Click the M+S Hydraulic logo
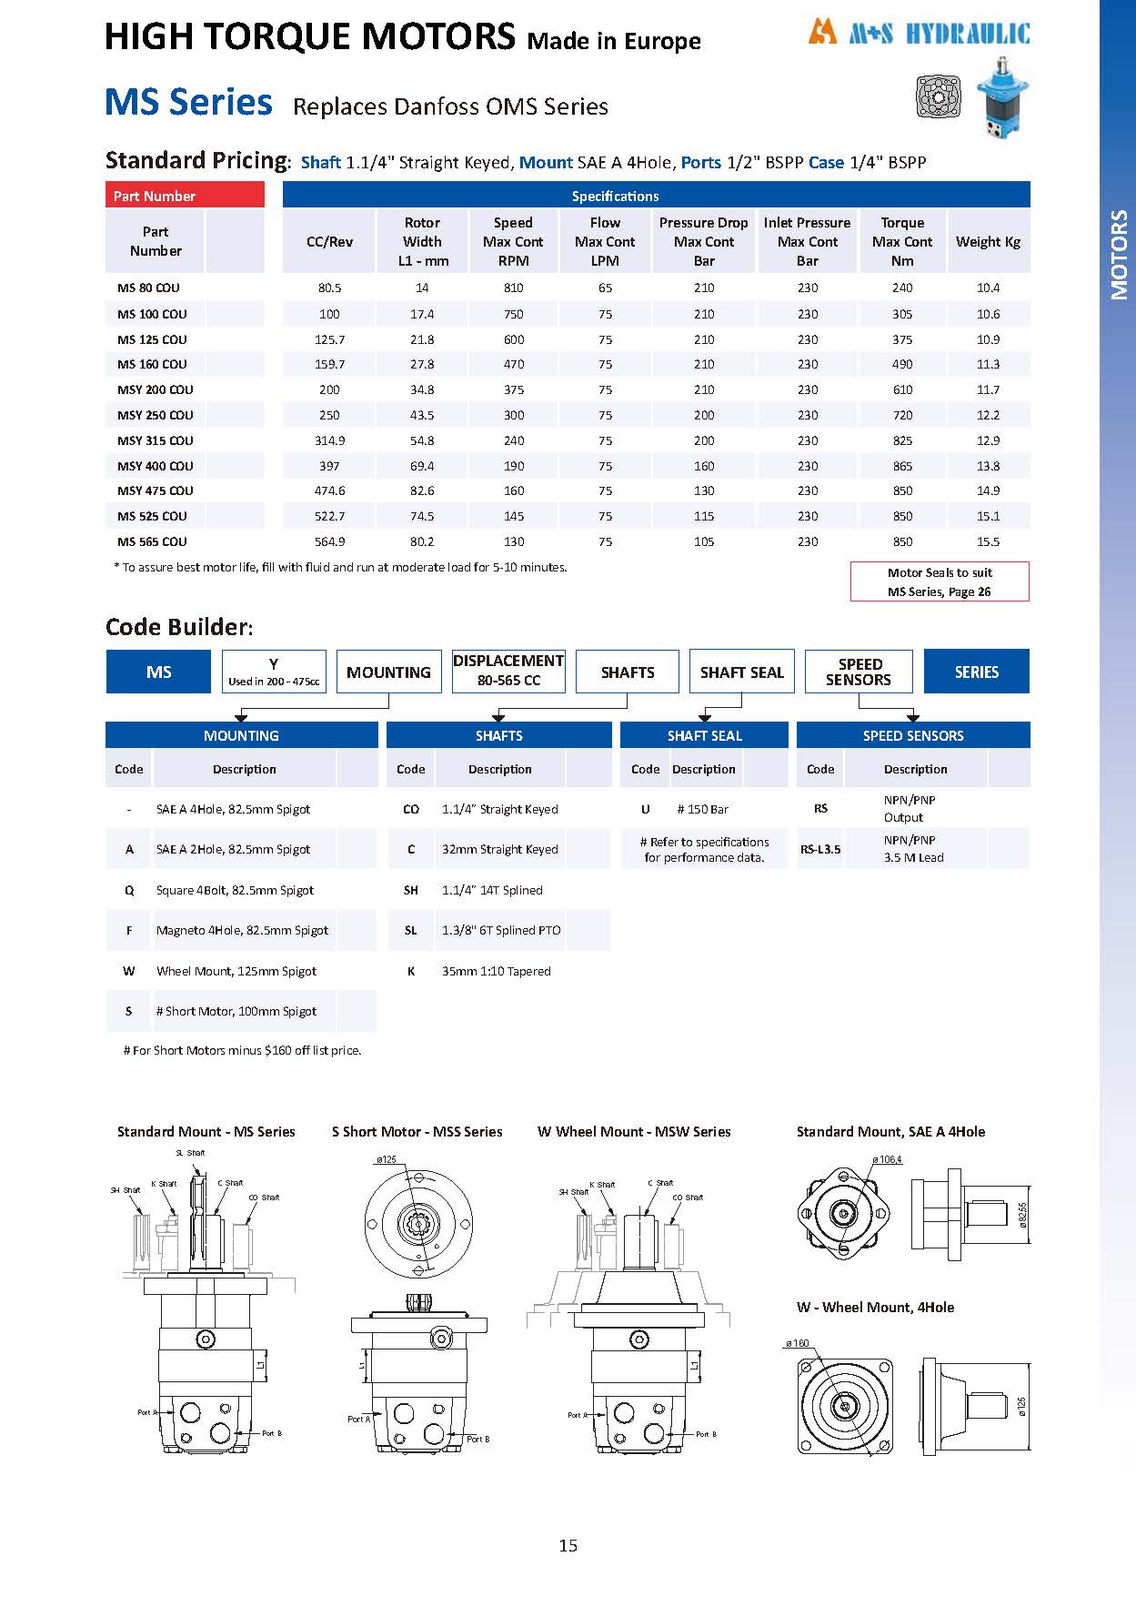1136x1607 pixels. (x=919, y=34)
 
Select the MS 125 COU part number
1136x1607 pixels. (x=152, y=339)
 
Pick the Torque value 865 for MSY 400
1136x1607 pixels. (x=902, y=466)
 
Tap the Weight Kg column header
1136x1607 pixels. (x=988, y=241)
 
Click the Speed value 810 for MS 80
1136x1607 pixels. (x=514, y=288)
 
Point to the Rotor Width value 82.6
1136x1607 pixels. (x=422, y=490)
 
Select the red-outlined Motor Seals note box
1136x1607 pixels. (x=940, y=581)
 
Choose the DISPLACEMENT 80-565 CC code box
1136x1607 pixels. (x=508, y=671)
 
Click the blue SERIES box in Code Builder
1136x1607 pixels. (x=976, y=672)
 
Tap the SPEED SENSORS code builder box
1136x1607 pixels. (x=859, y=672)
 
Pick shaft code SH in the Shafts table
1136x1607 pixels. (x=411, y=890)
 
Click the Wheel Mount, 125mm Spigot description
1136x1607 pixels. (x=236, y=971)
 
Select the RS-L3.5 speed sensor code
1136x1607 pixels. (x=820, y=849)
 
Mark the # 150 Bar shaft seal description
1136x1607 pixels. (x=703, y=809)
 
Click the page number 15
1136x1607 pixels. (x=568, y=1545)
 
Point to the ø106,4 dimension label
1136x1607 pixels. (x=887, y=1159)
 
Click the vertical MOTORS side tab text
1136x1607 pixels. (x=1119, y=255)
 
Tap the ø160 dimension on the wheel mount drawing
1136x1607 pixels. (x=798, y=1343)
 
